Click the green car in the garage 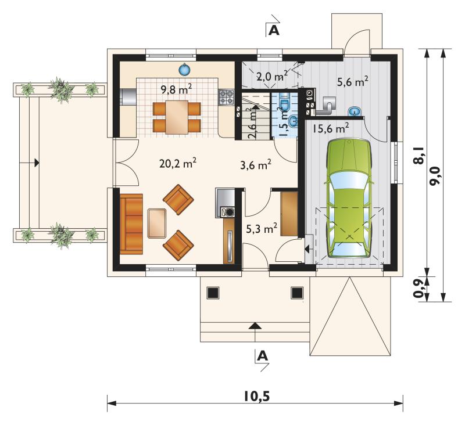tap(349, 199)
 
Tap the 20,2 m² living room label tap(178, 163)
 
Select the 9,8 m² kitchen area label tap(177, 89)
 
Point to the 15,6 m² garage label tap(331, 128)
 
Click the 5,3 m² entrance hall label tap(262, 228)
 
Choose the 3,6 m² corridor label tap(256, 165)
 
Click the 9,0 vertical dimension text tap(435, 175)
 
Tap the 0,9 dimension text tap(419, 289)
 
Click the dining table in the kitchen tap(177, 117)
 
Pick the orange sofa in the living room tap(131, 224)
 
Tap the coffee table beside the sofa tap(157, 224)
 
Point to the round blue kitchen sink tap(184, 70)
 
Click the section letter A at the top tap(274, 30)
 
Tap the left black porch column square tap(213, 293)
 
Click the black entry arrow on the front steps tap(255, 326)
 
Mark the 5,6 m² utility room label tap(353, 81)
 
